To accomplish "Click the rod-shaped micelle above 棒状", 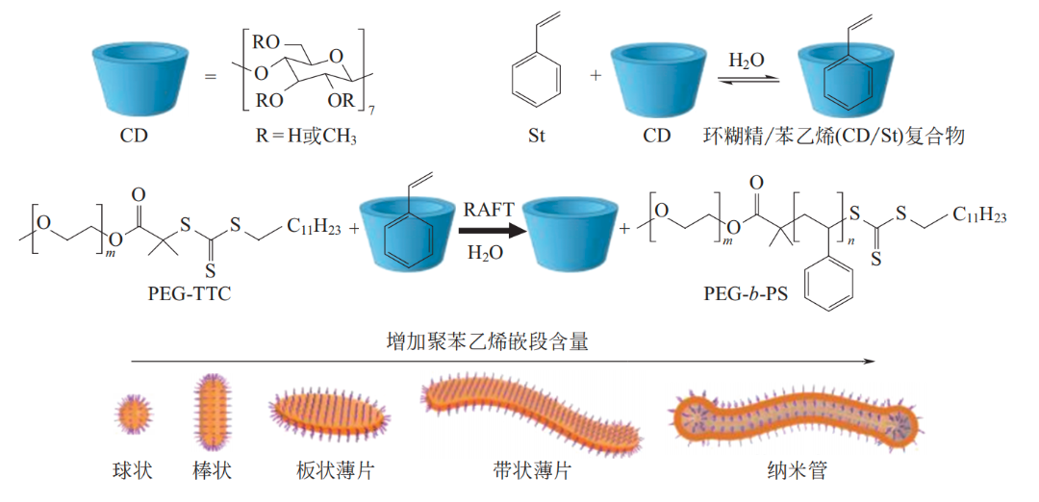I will pos(212,410).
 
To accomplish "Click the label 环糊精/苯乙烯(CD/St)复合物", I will pos(834,136).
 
